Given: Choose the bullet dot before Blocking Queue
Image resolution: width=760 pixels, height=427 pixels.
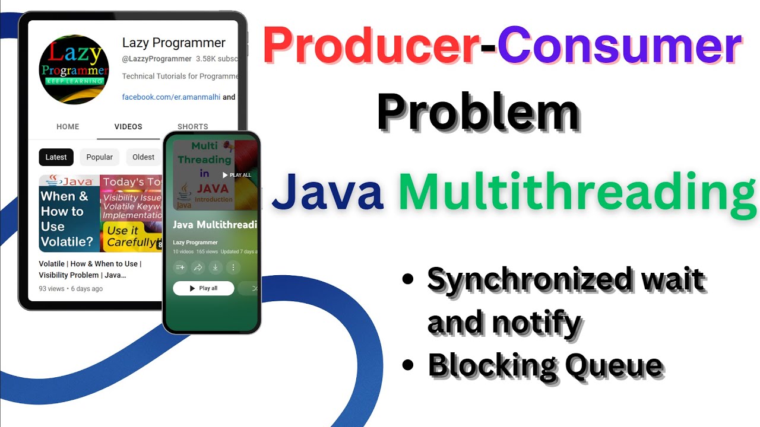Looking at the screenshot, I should click(407, 364).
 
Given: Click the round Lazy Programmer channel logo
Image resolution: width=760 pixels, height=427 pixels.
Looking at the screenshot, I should click(74, 69).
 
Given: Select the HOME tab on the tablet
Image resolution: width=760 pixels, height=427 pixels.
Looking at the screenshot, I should click(68, 127).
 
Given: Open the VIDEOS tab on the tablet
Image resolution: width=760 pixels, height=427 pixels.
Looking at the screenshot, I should click(128, 127).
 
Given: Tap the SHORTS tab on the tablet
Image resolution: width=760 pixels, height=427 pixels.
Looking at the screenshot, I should click(193, 127).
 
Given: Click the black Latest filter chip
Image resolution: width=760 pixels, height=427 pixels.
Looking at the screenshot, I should click(56, 157).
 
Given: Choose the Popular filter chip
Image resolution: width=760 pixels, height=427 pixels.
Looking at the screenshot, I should click(99, 157).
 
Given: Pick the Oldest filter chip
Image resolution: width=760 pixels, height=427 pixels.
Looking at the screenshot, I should click(143, 157).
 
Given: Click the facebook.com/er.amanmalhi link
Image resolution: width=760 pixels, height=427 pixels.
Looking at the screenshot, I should click(171, 97).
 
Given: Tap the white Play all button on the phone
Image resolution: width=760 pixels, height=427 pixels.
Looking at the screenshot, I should click(203, 288).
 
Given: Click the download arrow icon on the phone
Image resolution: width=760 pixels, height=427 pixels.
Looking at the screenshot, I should click(216, 267).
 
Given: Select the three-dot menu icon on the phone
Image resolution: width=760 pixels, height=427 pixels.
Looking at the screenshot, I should click(233, 267).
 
